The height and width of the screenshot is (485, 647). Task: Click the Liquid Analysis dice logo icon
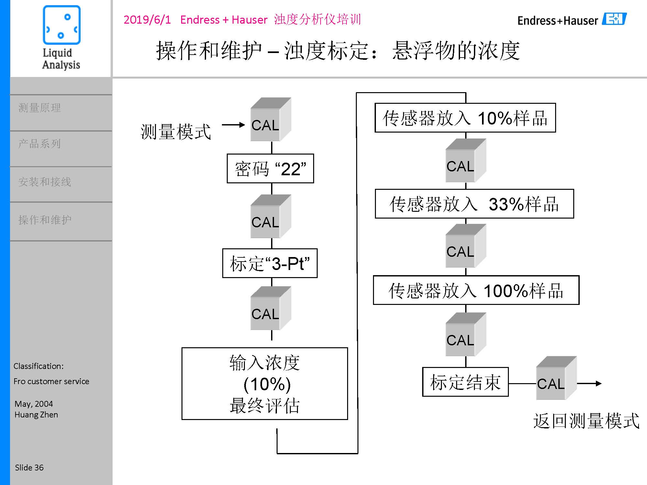click(61, 25)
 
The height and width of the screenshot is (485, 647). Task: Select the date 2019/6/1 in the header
click(147, 20)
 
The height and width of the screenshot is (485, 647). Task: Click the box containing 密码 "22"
click(270, 168)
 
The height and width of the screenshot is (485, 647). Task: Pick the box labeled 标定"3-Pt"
click(270, 263)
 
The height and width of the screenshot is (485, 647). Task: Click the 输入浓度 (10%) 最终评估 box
click(265, 384)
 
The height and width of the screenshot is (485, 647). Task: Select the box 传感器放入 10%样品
click(465, 118)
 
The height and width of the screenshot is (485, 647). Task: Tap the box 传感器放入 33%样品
click(474, 204)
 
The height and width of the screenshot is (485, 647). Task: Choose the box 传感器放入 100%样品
click(476, 290)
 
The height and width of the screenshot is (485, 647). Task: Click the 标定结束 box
click(465, 382)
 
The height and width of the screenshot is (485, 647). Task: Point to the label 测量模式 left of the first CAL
click(176, 132)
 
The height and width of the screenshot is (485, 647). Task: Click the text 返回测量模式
click(586, 421)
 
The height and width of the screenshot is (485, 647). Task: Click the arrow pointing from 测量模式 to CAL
click(233, 125)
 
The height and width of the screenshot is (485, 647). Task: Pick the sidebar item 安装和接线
click(45, 182)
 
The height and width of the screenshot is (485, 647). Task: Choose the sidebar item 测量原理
click(39, 108)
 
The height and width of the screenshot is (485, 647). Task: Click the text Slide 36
click(29, 468)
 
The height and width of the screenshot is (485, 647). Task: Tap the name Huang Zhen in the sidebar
click(36, 415)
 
